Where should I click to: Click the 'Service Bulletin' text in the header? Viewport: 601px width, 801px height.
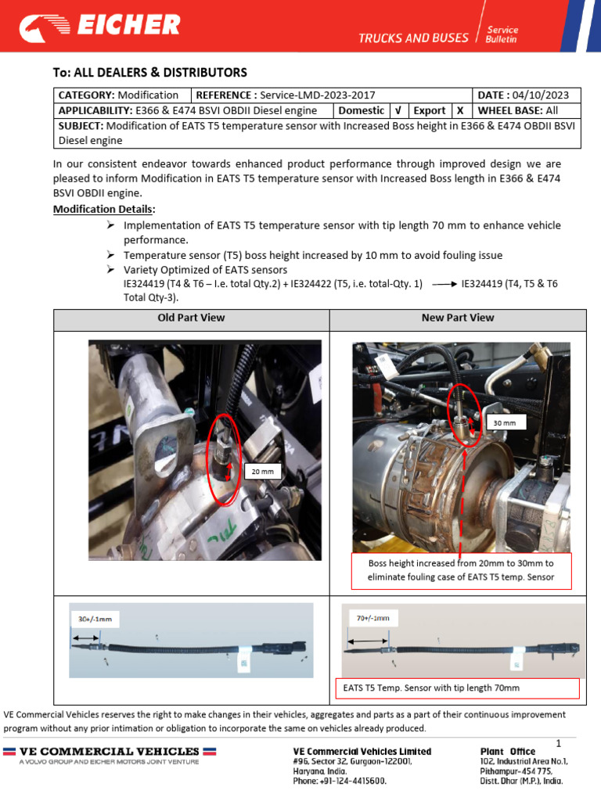pos(502,34)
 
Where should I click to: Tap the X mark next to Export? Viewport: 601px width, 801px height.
pos(460,111)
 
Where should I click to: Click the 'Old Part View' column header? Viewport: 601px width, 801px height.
pos(191,318)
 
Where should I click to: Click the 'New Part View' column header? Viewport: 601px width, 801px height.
pos(458,318)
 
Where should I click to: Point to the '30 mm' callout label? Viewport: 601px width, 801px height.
pos(506,422)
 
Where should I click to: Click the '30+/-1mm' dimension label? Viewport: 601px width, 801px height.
pos(95,619)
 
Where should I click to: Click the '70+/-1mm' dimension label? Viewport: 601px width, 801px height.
pos(372,618)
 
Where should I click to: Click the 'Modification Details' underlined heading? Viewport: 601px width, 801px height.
pos(104,210)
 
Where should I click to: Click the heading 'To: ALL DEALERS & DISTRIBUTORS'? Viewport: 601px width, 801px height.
pos(149,73)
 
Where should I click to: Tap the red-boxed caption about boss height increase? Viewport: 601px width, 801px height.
pos(461,570)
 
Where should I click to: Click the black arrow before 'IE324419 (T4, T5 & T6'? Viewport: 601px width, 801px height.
pos(444,285)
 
